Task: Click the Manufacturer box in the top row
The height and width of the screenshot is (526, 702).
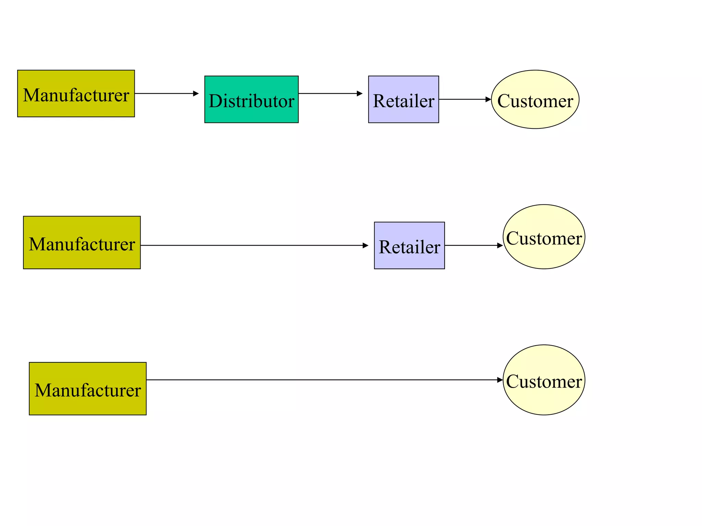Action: point(76,93)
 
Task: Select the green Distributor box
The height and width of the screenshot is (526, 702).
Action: point(251,99)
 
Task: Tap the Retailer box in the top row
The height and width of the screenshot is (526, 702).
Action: point(403,99)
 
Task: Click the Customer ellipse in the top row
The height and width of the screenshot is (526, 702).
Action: point(535,99)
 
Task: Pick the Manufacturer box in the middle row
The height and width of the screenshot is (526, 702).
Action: point(82,242)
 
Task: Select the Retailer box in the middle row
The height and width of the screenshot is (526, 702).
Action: point(409,246)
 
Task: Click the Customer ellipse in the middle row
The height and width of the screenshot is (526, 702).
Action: point(544,237)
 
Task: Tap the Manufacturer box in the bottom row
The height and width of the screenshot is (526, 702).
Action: point(87,389)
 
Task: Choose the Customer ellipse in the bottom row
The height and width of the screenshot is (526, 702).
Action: point(544,380)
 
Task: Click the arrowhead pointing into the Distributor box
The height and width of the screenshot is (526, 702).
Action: point(196,93)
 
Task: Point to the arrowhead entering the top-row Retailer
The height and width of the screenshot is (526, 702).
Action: point(360,93)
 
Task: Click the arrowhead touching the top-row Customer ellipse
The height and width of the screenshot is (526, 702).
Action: point(488,99)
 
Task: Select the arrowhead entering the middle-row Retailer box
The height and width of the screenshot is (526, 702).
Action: point(365,246)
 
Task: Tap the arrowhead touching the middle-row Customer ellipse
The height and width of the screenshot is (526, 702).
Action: point(500,246)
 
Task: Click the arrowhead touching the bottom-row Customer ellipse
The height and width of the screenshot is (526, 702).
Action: point(500,380)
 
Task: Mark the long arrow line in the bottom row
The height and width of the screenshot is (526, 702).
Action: point(322,380)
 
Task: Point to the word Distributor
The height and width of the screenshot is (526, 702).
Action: point(251,101)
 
